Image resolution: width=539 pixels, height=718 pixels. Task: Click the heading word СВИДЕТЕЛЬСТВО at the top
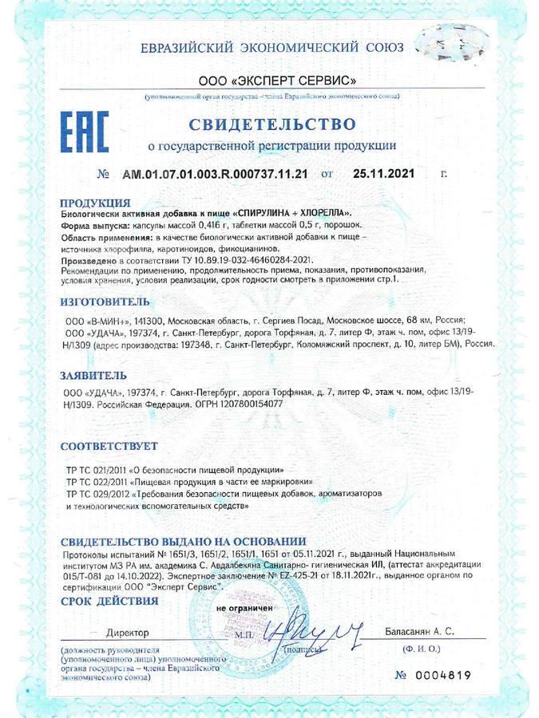(x=272, y=124)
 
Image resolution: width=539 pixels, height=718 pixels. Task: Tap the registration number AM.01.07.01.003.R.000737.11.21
(x=215, y=173)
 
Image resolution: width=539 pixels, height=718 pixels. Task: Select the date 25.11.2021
(x=384, y=173)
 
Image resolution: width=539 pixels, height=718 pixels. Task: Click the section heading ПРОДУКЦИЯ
(x=95, y=203)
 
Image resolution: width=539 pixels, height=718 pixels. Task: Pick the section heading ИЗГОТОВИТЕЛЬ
(x=105, y=303)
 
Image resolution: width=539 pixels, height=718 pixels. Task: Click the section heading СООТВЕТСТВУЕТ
(x=109, y=446)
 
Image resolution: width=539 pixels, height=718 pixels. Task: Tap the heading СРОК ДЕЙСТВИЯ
(x=109, y=600)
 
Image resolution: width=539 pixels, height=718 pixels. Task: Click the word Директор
(x=128, y=633)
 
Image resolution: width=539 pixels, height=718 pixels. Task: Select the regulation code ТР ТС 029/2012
(x=101, y=495)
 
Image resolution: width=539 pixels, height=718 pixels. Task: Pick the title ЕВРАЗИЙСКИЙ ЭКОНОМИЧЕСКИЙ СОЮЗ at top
(x=272, y=47)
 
